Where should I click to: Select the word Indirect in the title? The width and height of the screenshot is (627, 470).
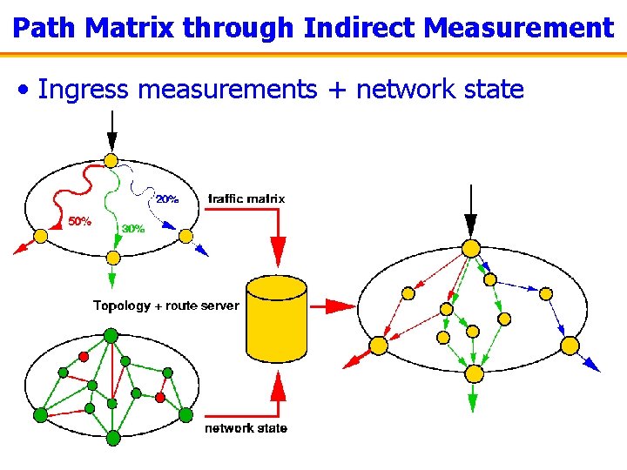point(361,28)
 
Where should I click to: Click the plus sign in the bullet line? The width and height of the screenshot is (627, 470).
point(335,90)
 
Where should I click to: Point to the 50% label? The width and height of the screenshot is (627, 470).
point(79,221)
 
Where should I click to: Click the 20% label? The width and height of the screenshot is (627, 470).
point(166,198)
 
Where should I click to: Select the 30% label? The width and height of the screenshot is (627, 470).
point(133,228)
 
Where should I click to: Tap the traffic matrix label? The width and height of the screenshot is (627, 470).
point(247,198)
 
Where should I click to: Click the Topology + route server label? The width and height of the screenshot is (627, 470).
point(165,305)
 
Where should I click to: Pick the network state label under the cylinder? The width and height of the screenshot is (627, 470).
point(246,427)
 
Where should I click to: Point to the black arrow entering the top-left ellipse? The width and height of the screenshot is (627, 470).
point(111,136)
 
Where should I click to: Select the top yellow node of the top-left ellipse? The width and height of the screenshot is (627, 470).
point(111,160)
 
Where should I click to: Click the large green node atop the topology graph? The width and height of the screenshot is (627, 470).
point(111,334)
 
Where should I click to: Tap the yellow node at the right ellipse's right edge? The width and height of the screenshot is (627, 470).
point(570,346)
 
